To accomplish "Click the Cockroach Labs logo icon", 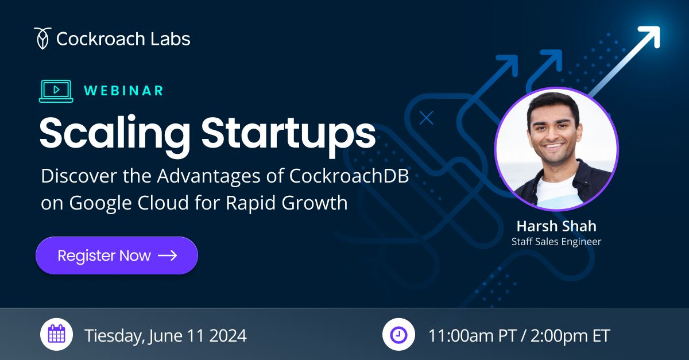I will (41, 38).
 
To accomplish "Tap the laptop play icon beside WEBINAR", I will (56, 91).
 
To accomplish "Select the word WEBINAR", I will (123, 91).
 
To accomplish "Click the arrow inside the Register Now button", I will (168, 256).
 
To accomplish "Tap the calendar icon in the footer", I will (56, 334).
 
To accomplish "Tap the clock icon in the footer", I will (398, 334).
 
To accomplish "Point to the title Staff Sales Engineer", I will (556, 242).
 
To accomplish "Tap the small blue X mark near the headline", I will (426, 118).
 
